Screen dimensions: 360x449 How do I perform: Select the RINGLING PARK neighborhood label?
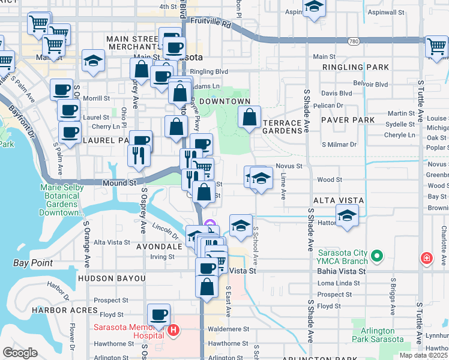pos(355,67)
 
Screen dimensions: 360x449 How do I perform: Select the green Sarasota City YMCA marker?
pos(376,257)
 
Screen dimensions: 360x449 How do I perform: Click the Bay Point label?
pos(33,263)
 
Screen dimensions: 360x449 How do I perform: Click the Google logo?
pos(20,352)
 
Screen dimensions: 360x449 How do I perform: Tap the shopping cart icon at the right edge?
pos(436,46)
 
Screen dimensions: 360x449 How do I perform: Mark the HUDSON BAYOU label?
pos(112,278)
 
